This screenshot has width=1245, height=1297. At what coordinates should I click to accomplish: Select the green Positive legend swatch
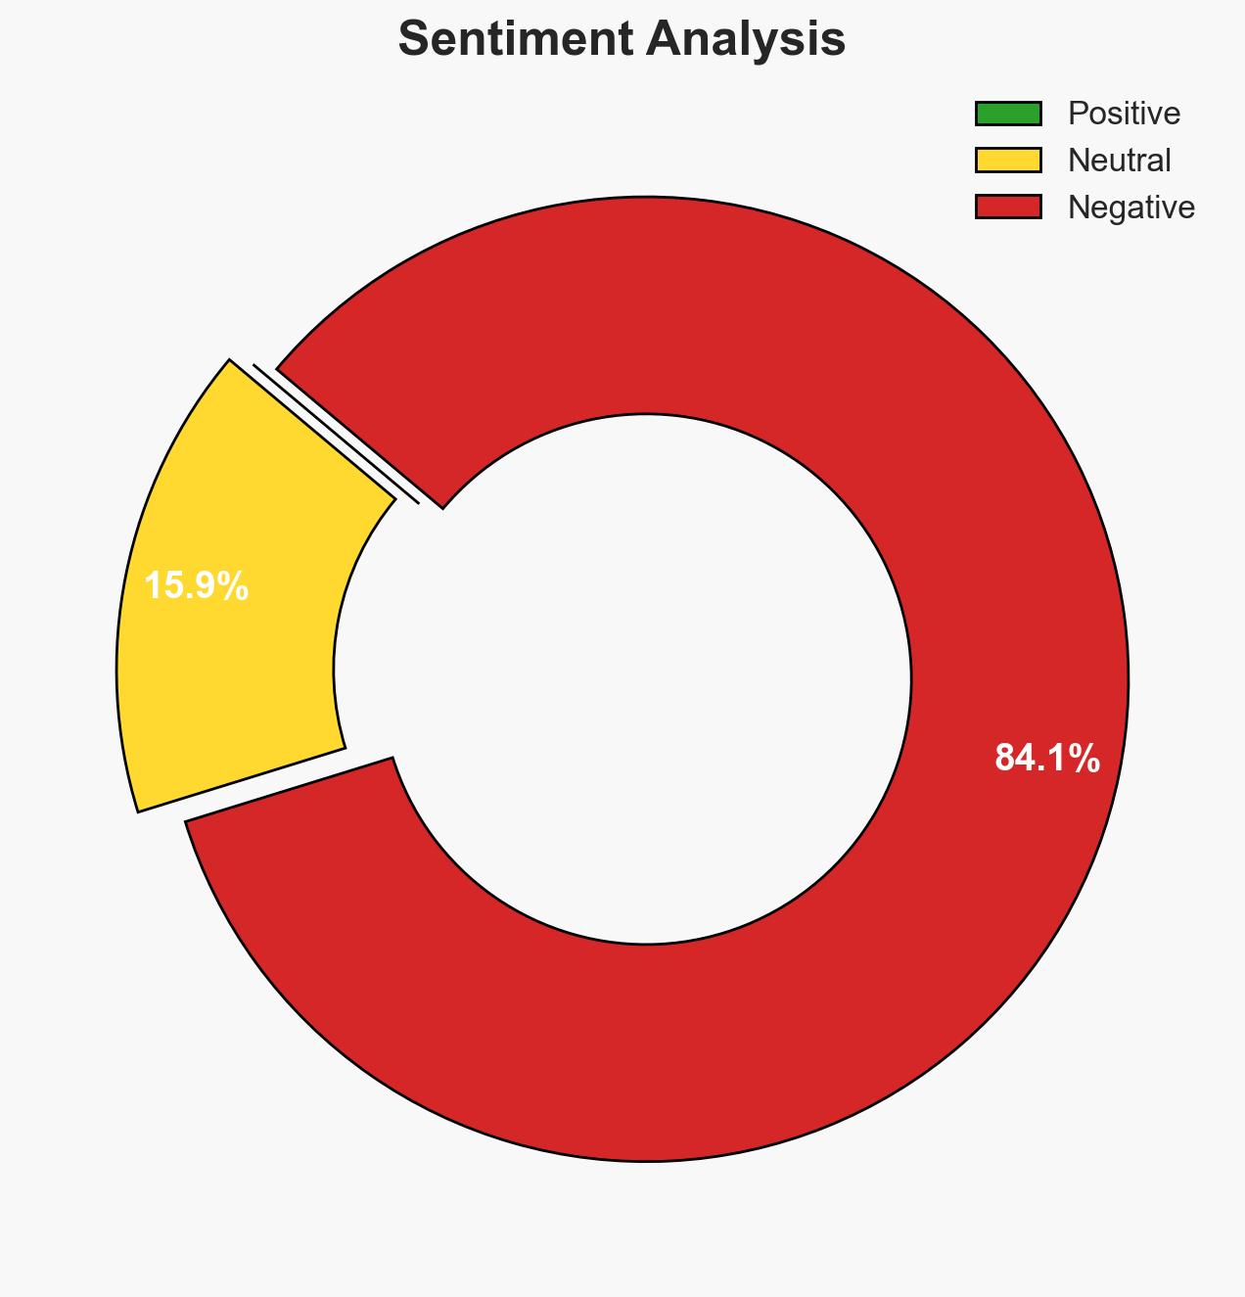[x=1007, y=114]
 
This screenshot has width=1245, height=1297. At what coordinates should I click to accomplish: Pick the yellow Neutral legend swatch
[x=1007, y=160]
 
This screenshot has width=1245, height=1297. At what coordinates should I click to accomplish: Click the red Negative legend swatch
[x=1007, y=207]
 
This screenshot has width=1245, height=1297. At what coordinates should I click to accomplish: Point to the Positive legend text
[x=1124, y=114]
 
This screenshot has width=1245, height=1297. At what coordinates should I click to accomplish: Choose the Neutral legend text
[x=1119, y=160]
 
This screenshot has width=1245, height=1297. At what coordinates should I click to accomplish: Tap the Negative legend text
[x=1130, y=207]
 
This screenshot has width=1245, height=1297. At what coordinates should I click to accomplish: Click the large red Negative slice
[x=783, y=1028]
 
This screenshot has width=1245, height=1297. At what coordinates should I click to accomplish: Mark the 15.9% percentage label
[x=196, y=586]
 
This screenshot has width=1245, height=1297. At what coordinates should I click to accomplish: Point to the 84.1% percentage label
[x=1046, y=758]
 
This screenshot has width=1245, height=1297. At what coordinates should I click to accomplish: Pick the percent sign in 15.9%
[x=234, y=586]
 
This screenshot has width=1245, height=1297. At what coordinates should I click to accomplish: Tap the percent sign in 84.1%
[x=1084, y=758]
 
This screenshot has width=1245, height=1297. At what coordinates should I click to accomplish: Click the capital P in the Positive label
[x=1076, y=114]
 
